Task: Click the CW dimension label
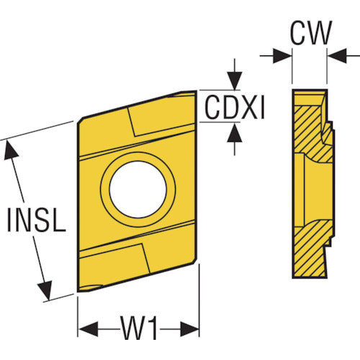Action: click(311, 33)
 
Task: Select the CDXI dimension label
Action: click(235, 107)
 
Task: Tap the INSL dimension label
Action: click(37, 220)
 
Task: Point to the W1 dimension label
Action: click(139, 328)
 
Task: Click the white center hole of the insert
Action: click(138, 189)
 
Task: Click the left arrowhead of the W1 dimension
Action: click(89, 329)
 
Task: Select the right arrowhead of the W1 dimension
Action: click(190, 329)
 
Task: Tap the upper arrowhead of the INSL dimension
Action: click(11, 150)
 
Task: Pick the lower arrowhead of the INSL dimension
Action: click(45, 290)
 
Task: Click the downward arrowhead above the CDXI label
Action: click(235, 81)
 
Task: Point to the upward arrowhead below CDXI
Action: click(235, 132)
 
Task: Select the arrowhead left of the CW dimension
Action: click(282, 56)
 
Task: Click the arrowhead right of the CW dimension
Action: click(337, 56)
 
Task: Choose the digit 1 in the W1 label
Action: click(153, 328)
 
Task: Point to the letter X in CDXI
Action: click(251, 107)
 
